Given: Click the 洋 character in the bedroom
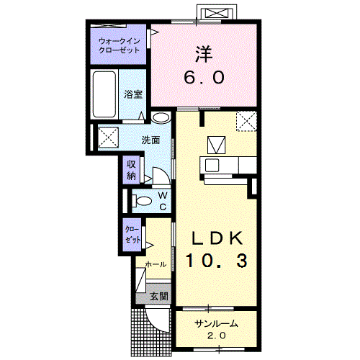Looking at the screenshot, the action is click(x=204, y=54).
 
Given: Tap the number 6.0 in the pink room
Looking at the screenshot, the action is click(x=204, y=77).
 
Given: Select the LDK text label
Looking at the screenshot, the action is click(x=217, y=238).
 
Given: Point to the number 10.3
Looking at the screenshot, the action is click(x=217, y=261).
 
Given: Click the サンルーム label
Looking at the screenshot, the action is click(x=217, y=324).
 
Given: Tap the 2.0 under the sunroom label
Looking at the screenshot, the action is click(x=217, y=336).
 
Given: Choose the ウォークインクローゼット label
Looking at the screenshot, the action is click(x=120, y=45).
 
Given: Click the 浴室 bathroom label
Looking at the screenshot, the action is click(x=133, y=94).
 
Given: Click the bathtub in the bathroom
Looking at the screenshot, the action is click(x=104, y=94).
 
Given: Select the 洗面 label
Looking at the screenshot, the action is click(x=150, y=140).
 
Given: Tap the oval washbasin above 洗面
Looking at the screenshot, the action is click(x=161, y=117).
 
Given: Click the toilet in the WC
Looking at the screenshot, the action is click(x=142, y=201).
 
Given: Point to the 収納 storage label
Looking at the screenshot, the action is click(x=131, y=170).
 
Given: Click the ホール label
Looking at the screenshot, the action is click(x=156, y=264).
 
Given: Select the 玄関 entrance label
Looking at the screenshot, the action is click(x=158, y=297).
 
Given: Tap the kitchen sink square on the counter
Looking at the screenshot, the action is click(x=212, y=165).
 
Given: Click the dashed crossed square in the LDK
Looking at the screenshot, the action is click(x=246, y=121).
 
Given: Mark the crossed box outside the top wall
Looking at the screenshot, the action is click(x=217, y=13).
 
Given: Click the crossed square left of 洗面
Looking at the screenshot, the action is click(x=108, y=138).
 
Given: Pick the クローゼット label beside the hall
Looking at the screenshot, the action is click(x=132, y=235).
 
